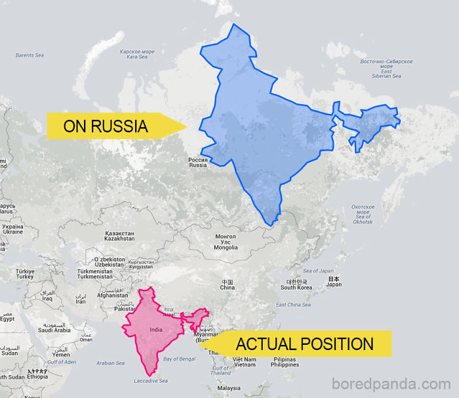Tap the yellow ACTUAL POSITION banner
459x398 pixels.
pyautogui.click(x=303, y=344)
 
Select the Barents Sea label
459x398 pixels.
pyautogui.click(x=30, y=55)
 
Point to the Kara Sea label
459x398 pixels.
pyautogui.click(x=137, y=54)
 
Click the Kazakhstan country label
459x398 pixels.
pyautogui.click(x=119, y=236)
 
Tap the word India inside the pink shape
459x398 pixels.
pyautogui.click(x=156, y=329)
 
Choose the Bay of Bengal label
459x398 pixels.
pyautogui.click(x=180, y=359)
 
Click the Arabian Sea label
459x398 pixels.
pyautogui.click(x=110, y=363)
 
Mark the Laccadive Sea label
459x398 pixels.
pyautogui.click(x=150, y=381)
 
